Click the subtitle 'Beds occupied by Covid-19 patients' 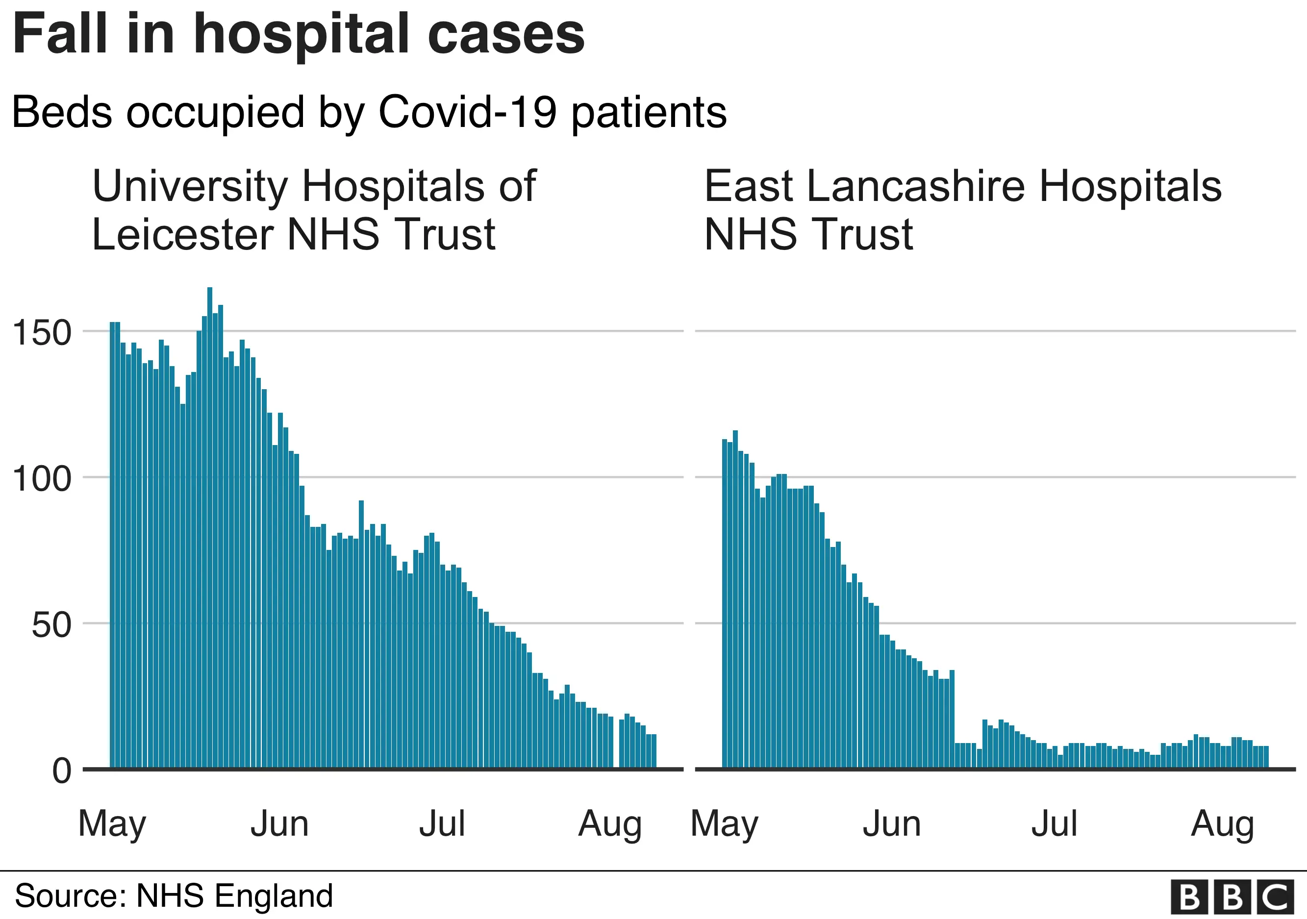pos(369,112)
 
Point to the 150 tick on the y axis pos(42,333)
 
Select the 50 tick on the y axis pos(51,625)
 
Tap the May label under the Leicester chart pos(112,824)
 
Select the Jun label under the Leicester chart pos(279,824)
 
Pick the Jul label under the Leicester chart pos(442,824)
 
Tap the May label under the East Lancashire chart pos(724,824)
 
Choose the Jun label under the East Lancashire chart pos(891,824)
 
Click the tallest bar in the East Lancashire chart pos(735,597)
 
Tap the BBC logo pos(1232,897)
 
